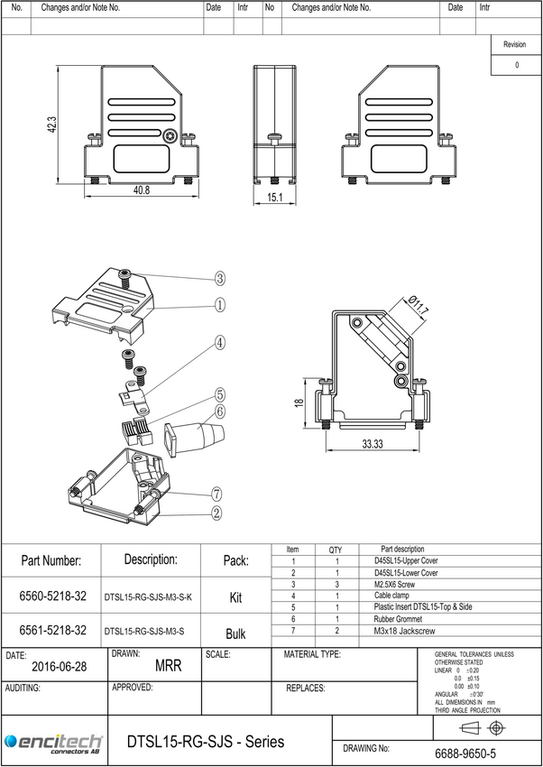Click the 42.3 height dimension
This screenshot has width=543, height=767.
(x=52, y=125)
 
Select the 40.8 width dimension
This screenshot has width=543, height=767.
(x=142, y=190)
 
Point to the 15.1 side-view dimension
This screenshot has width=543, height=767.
(x=275, y=198)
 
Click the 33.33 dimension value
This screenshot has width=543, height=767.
(x=373, y=444)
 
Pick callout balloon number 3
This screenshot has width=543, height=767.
(x=220, y=279)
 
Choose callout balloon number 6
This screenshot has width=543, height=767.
(x=220, y=411)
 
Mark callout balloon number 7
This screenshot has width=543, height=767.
(x=217, y=494)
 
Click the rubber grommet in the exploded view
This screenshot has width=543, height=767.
(x=195, y=439)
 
